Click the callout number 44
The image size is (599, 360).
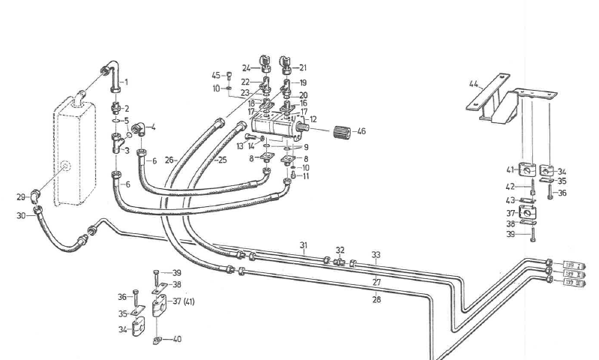click(x=474, y=83)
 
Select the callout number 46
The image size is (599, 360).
click(x=361, y=131)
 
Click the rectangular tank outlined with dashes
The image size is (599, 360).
click(x=75, y=154)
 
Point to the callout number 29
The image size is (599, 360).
click(x=21, y=196)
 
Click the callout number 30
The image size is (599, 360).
click(x=22, y=216)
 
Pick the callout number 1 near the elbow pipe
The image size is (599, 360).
click(x=126, y=82)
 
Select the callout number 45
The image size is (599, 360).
click(x=215, y=75)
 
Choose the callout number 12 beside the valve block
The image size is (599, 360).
click(x=313, y=119)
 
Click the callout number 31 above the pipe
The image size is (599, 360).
click(x=304, y=245)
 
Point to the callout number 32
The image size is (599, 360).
click(x=340, y=250)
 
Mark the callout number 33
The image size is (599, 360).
click(x=376, y=255)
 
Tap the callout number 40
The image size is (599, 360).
click(x=177, y=339)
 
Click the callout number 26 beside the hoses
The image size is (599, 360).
click(x=169, y=160)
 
